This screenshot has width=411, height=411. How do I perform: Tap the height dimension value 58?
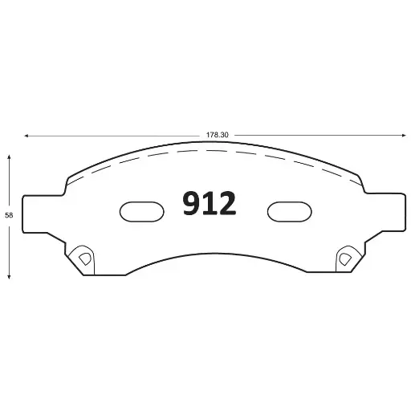[9, 215]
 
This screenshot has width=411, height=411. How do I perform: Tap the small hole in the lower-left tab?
[80, 258]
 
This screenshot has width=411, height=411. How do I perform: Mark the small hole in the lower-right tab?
[345, 258]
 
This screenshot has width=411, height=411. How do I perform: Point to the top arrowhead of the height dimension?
[9, 158]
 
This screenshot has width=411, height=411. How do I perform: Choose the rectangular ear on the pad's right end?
[385, 214]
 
